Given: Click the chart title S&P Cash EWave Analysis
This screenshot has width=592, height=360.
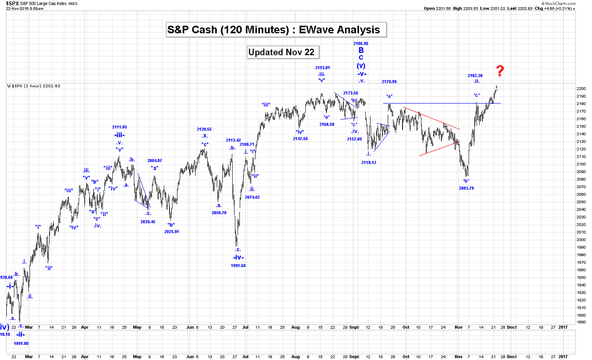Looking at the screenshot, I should coord(276,30).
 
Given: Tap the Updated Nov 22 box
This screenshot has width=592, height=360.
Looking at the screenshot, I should coord(283,52).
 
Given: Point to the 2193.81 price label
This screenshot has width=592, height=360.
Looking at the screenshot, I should coord(322,68).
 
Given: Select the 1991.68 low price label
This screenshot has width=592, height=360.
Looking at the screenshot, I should coord(238,266).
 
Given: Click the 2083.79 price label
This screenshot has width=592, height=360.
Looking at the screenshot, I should coord(466,188).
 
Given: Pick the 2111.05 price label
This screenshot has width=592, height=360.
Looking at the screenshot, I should coord(119,127).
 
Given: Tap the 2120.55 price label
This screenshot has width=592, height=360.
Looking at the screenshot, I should coord(204,129).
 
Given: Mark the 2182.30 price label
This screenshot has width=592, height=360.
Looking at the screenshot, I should coord(475,75).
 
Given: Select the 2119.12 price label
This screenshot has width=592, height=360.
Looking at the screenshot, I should coord(369,162).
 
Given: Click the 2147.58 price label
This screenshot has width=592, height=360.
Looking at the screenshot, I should coord(300,139).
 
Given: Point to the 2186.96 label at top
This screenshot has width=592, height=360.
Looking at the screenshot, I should coord(360,43).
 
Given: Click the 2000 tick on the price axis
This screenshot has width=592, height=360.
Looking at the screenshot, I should coord(581,240).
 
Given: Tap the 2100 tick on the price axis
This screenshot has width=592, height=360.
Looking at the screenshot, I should coord(581,164).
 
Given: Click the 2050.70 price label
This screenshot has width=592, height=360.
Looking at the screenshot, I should coord(219,213).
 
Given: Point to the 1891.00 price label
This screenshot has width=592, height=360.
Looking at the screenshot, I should coord(21,344).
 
